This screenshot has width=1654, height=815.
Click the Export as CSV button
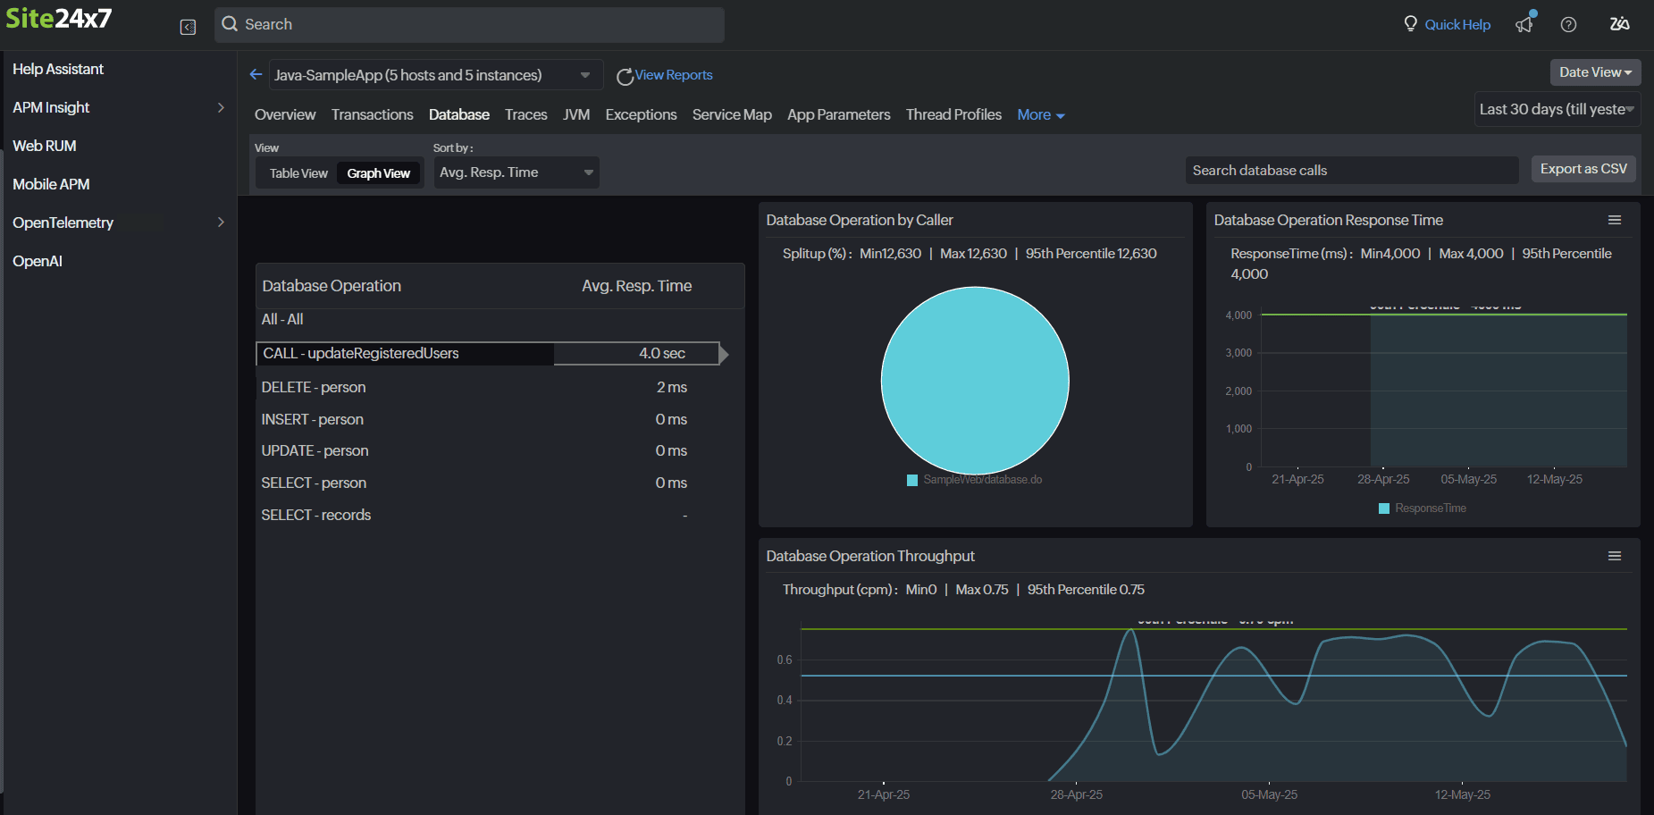[x=1583, y=169]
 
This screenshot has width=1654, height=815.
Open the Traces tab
[x=525, y=114]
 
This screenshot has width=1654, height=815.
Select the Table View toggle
[x=298, y=173]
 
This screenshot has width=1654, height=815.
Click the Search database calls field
[x=1350, y=170]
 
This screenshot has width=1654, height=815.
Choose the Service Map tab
[x=731, y=114]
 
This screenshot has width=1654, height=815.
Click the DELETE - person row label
[x=313, y=387]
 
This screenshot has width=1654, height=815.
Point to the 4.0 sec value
[x=661, y=354]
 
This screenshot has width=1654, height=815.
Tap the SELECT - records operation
[x=315, y=515]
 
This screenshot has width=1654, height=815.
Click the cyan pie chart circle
[x=974, y=380]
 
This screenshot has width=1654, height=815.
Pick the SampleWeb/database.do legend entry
[x=981, y=480]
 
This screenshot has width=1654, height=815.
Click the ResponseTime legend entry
[x=1429, y=508]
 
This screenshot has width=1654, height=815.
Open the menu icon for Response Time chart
[x=1614, y=220]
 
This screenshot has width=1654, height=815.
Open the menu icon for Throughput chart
[x=1614, y=556]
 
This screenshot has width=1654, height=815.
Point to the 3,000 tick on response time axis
[x=1238, y=353]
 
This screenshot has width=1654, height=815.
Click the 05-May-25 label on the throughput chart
[x=1269, y=794]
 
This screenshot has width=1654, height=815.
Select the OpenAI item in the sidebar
[x=38, y=261]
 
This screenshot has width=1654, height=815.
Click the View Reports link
[x=673, y=75]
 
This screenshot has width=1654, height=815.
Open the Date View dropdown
[x=1594, y=72]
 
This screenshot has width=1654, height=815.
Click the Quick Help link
[x=1457, y=25]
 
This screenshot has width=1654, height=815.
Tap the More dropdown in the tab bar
[x=1040, y=114]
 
